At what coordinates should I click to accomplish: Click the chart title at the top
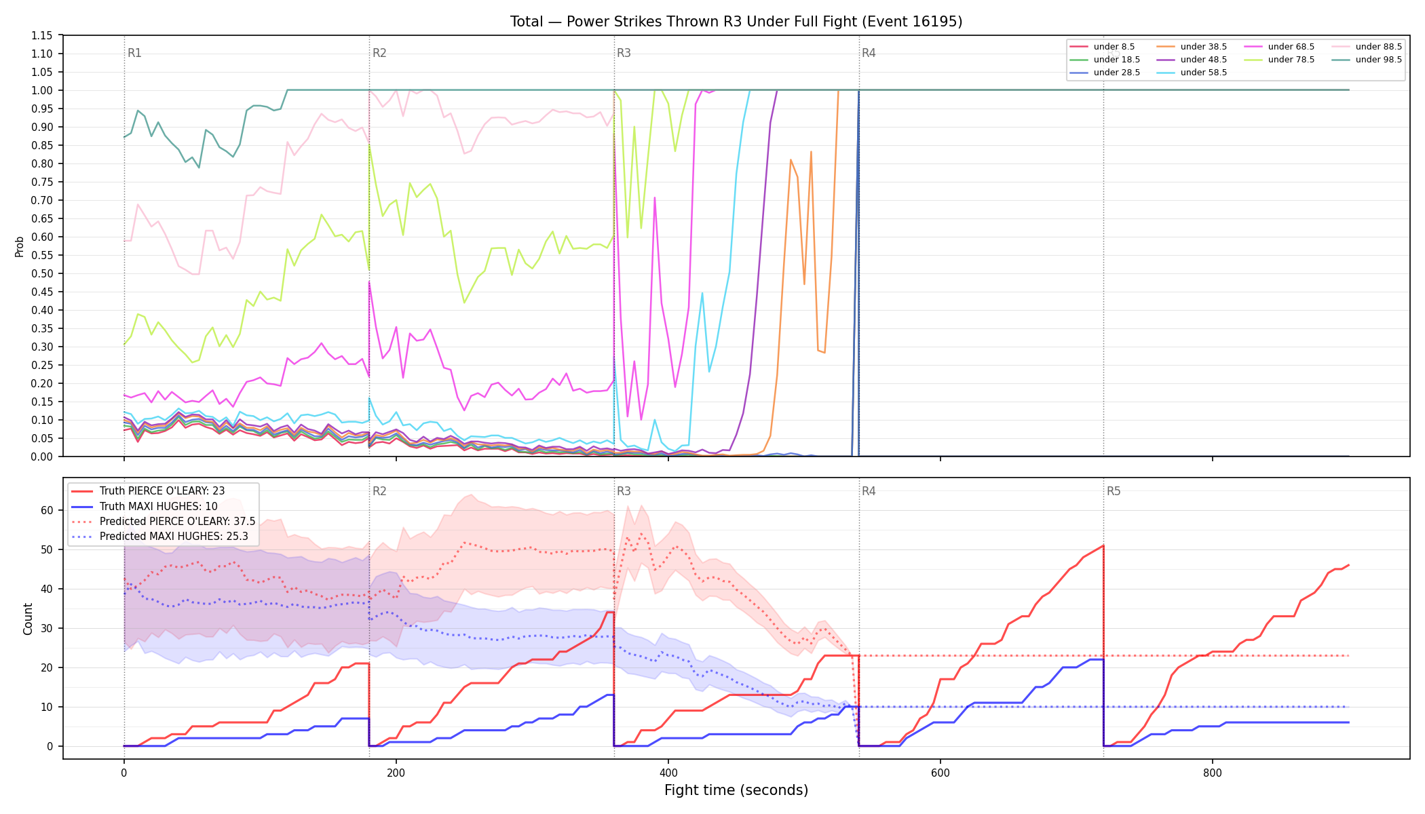(736, 22)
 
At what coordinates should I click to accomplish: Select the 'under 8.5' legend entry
(1102, 47)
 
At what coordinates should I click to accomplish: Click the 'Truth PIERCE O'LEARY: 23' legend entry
(148, 491)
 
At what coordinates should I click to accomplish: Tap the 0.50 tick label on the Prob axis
(42, 273)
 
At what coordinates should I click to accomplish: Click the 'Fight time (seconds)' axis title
(736, 790)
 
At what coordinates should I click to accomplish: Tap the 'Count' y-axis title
(28, 619)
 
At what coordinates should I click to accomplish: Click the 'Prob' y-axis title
(20, 246)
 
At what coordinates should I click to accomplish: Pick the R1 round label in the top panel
(134, 53)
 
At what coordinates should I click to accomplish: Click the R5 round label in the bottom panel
(1114, 491)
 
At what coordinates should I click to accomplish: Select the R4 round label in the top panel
(869, 53)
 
